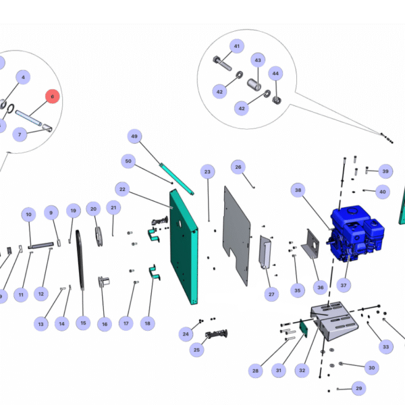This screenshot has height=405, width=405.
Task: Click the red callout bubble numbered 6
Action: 53,97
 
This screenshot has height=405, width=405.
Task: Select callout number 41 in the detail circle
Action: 236,46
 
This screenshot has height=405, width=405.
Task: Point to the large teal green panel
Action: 185,246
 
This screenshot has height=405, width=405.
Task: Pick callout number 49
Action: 134,137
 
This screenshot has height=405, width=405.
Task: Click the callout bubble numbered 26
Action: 238,166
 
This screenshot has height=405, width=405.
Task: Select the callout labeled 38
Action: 298,190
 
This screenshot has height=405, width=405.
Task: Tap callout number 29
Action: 358,388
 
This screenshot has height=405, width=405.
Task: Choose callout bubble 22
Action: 122,188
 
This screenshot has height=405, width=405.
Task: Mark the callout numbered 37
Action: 344,286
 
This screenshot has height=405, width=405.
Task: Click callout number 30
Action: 371,368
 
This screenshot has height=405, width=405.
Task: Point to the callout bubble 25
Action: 196,350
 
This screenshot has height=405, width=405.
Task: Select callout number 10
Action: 28,215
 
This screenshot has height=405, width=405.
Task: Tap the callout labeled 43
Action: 257,60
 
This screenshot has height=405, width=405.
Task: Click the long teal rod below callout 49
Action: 176,175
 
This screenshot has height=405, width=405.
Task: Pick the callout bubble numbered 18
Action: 147,323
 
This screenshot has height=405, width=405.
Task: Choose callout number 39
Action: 385,171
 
